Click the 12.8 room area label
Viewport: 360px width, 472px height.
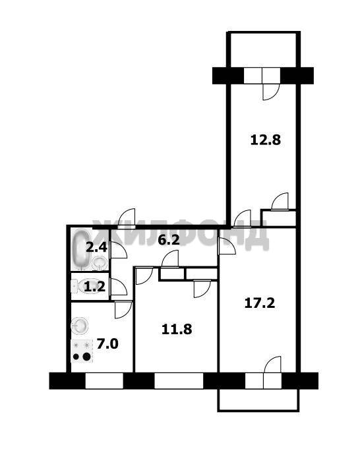point(266,140)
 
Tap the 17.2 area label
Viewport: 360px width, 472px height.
point(260,303)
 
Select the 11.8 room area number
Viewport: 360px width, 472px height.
point(177,329)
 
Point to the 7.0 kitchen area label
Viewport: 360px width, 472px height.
point(107,343)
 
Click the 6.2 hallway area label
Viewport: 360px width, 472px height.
point(169,240)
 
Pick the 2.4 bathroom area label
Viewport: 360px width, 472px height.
point(96,247)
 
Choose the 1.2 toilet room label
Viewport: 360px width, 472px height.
point(94,287)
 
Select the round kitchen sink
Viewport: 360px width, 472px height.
point(80,326)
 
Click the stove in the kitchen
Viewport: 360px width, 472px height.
point(82,351)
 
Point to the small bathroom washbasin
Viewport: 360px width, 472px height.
point(100,262)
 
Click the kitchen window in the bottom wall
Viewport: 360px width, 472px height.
point(104,381)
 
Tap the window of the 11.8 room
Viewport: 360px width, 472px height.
point(179,381)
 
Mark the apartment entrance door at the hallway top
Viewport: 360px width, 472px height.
point(127,219)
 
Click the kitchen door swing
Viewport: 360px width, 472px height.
point(123,309)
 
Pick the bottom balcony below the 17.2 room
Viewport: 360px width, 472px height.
point(258,399)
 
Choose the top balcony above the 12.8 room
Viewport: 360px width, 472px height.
point(263,49)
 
